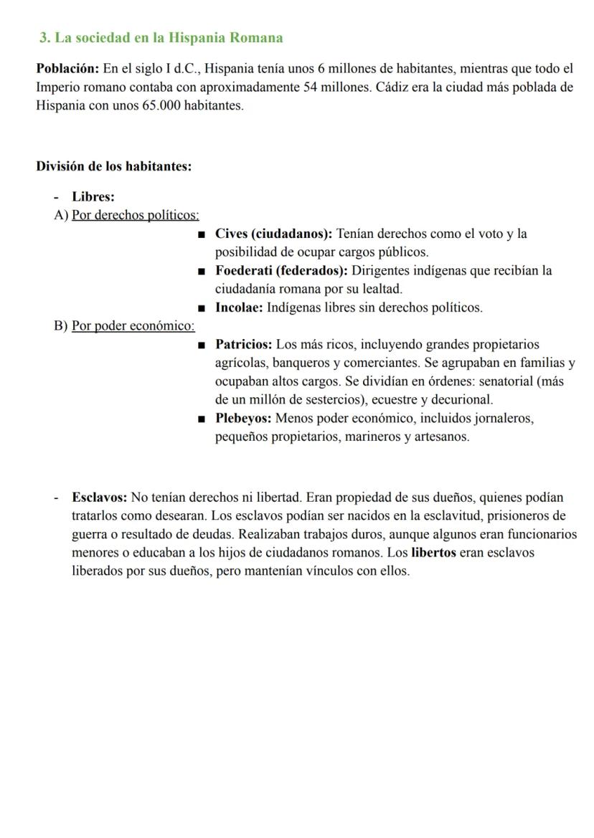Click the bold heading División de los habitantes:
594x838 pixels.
click(x=113, y=166)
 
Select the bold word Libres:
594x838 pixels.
click(x=93, y=196)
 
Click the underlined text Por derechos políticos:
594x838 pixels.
click(x=136, y=215)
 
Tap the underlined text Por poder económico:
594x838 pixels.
click(x=133, y=326)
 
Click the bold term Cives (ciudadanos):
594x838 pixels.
click(x=273, y=234)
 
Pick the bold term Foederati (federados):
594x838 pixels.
click(x=281, y=271)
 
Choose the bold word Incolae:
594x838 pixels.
click(x=240, y=308)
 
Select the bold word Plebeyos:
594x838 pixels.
click(x=243, y=418)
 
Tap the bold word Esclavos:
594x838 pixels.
click(x=99, y=497)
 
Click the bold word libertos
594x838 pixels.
click(x=433, y=553)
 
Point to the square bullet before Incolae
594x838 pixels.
click(x=202, y=308)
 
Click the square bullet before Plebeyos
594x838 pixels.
click(x=202, y=419)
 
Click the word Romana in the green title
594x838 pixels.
click(x=256, y=38)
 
